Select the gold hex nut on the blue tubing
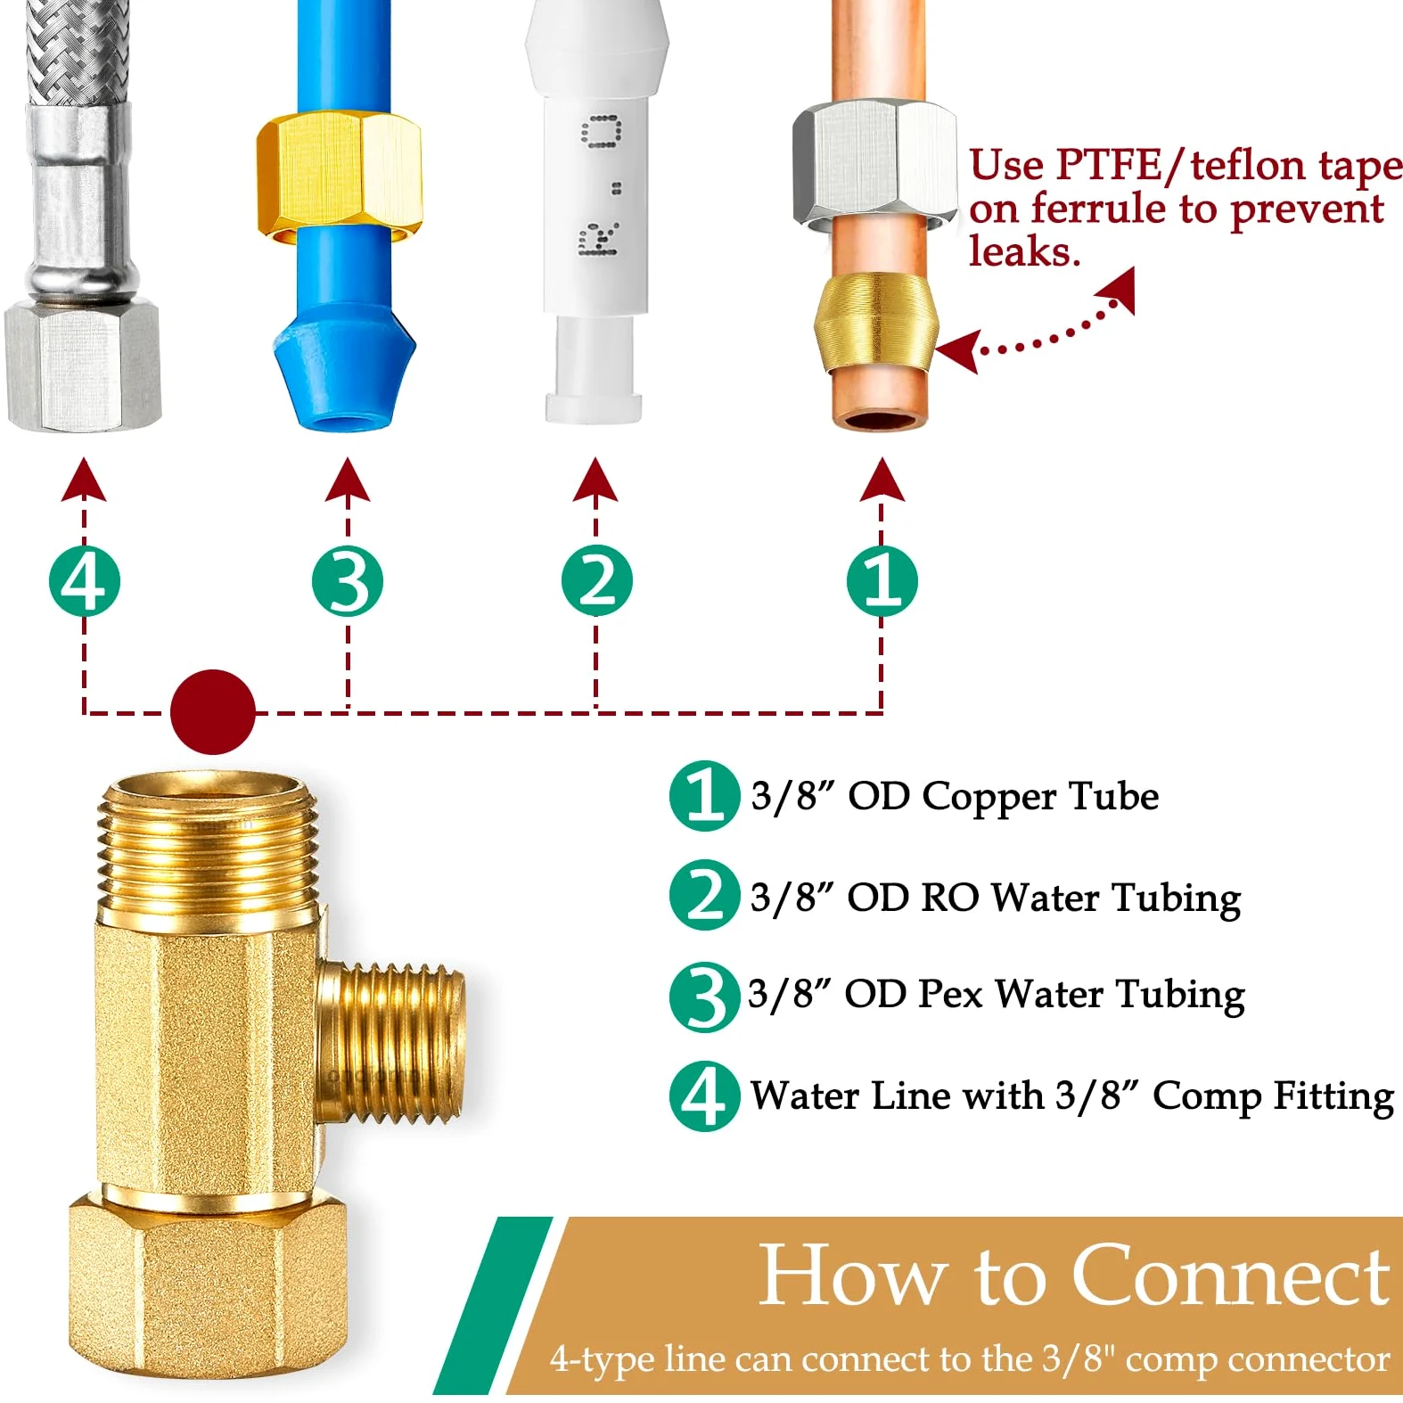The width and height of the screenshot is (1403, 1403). [339, 176]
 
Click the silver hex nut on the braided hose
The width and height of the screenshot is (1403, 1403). [83, 365]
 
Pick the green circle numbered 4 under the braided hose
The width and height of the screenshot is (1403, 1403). [84, 581]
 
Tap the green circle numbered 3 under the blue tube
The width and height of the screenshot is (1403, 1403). [348, 581]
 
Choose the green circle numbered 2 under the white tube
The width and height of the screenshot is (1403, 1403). [596, 581]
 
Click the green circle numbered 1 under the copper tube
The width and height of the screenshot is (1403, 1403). [882, 581]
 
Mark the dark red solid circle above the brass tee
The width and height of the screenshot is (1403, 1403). [212, 712]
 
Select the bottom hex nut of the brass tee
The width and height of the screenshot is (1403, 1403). [207, 1291]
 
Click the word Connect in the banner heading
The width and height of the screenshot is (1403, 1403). [1230, 1276]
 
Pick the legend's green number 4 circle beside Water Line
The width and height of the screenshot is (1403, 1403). [704, 1095]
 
